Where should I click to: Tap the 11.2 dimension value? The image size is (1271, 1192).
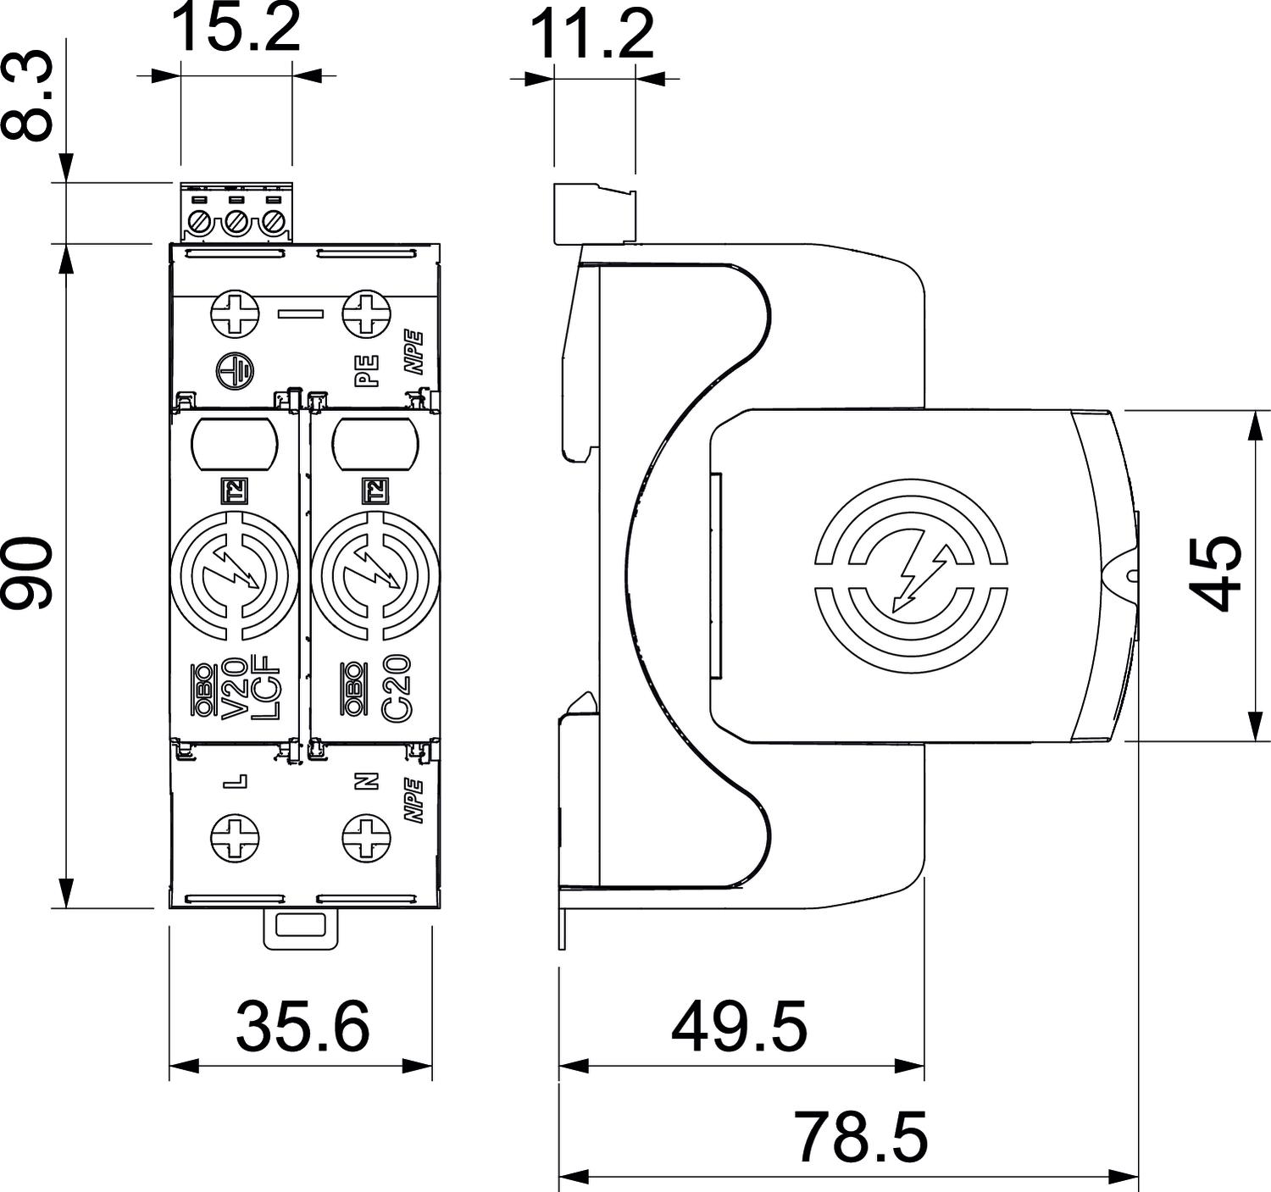coord(593,34)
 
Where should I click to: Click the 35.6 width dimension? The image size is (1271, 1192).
coord(302,1026)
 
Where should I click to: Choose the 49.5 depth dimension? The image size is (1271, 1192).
coord(739,1026)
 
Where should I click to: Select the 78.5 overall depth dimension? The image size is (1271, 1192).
coord(861,1138)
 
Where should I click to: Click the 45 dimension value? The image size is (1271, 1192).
coord(1218,573)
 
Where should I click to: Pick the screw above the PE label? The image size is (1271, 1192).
coord(365,313)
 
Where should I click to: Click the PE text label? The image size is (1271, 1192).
coord(366,370)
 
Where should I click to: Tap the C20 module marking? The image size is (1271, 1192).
coord(395,688)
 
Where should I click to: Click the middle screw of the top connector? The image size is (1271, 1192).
coord(236,224)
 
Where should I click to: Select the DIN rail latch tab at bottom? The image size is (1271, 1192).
coord(301,929)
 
